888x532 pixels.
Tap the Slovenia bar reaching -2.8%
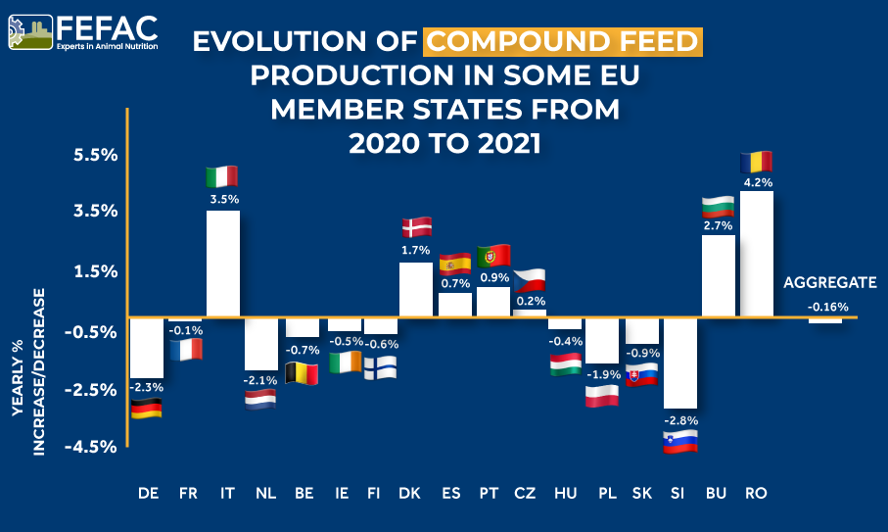click(x=679, y=363)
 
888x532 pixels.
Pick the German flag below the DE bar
click(x=147, y=409)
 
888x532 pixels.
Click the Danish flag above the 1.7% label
click(x=417, y=227)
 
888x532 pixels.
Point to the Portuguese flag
click(x=493, y=256)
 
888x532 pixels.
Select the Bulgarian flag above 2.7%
click(x=719, y=207)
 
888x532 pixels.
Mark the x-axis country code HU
click(x=564, y=493)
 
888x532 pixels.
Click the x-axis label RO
click(x=755, y=493)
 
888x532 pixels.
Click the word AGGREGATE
click(x=829, y=283)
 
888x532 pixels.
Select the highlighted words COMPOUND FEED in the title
click(x=563, y=41)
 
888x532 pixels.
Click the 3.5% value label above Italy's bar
click(x=223, y=199)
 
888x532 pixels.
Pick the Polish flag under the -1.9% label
click(x=601, y=396)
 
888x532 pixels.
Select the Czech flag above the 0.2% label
click(x=531, y=280)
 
